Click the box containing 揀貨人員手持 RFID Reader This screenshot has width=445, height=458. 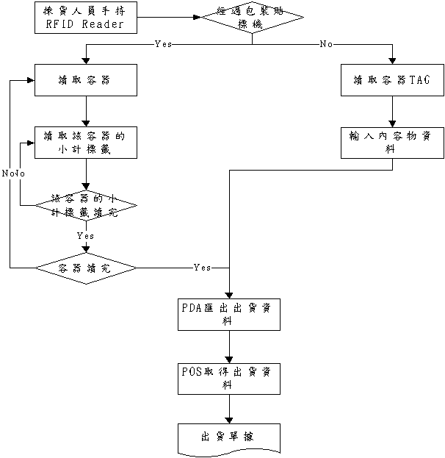(86, 18)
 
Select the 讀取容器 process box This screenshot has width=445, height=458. (86, 80)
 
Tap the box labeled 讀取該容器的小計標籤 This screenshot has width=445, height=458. (86, 142)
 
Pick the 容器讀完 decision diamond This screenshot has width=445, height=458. (86, 269)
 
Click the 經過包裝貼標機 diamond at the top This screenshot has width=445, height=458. (253, 17)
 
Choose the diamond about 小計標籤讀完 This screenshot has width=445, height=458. (86, 205)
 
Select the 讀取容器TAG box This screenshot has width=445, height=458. (390, 80)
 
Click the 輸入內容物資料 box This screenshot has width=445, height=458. (390, 142)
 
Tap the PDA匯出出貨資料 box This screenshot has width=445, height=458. (229, 315)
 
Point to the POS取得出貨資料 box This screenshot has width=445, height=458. (229, 378)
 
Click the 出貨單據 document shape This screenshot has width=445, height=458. (229, 437)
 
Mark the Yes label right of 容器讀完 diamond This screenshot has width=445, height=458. (202, 268)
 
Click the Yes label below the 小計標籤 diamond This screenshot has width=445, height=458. (85, 236)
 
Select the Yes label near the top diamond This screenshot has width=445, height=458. (163, 45)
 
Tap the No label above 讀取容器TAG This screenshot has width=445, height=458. (326, 45)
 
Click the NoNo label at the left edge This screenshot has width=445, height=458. (13, 173)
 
